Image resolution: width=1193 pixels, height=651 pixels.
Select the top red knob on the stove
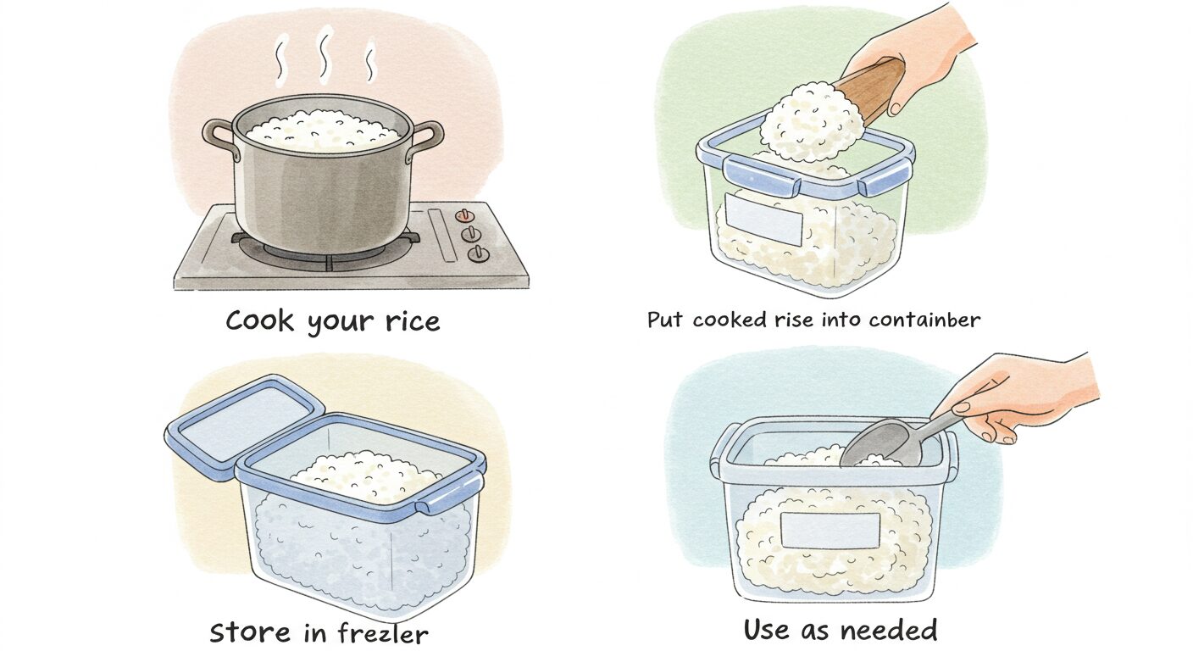pyautogui.click(x=464, y=216)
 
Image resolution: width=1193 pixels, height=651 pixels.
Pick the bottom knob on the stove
pyautogui.click(x=478, y=253)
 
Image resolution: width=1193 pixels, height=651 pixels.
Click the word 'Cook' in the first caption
pyautogui.click(x=259, y=320)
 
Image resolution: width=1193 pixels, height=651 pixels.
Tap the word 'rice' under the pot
pyautogui.click(x=413, y=321)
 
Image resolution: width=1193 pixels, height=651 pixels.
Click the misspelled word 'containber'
pyautogui.click(x=924, y=320)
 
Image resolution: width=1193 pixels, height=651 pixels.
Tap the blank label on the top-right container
pyautogui.click(x=763, y=220)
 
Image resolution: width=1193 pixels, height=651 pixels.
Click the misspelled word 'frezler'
pyautogui.click(x=382, y=633)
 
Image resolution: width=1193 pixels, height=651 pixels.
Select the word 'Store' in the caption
pyautogui.click(x=251, y=633)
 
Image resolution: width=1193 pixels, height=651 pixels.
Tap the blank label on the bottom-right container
pyautogui.click(x=830, y=530)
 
